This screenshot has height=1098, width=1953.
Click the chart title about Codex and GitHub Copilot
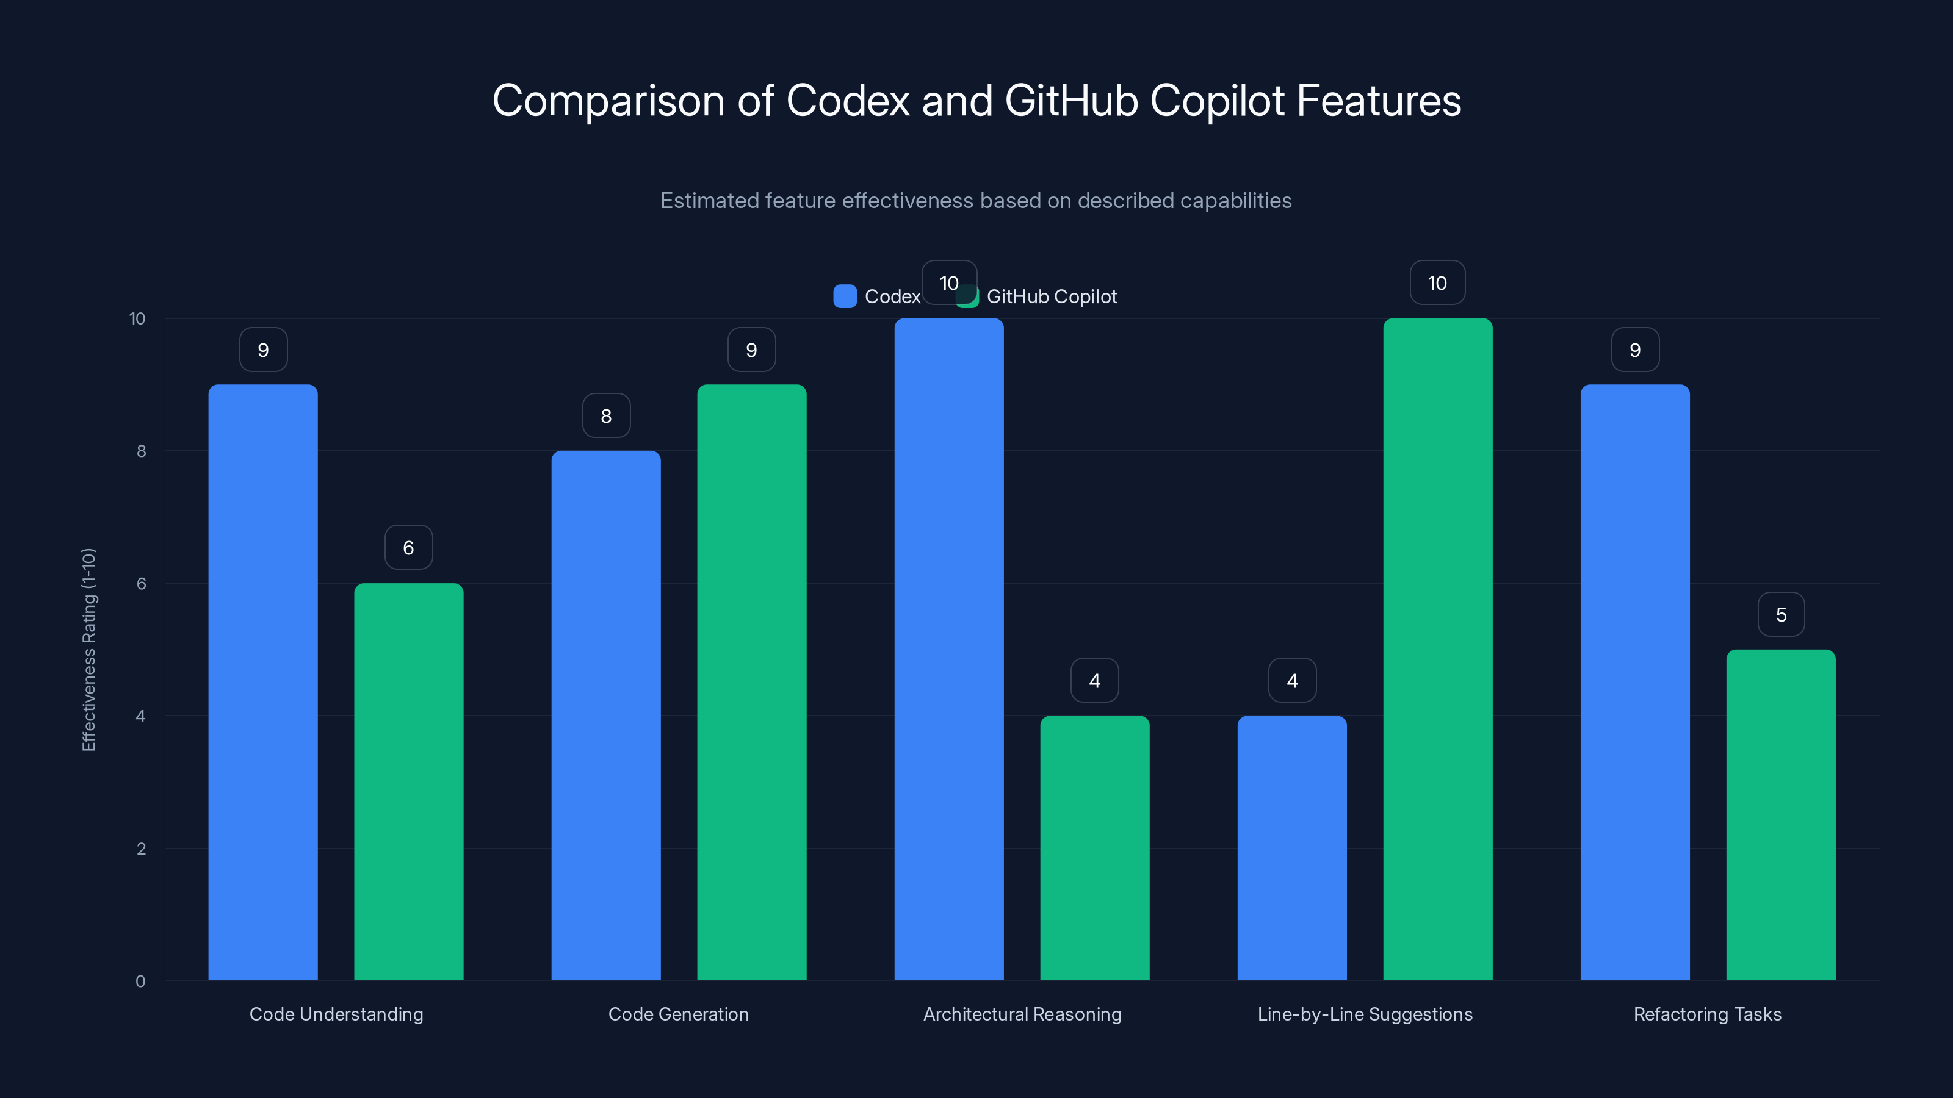point(976,101)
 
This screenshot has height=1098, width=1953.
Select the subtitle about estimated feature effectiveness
point(976,201)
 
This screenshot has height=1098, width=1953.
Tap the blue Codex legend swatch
point(845,296)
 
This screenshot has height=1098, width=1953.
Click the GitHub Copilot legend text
point(1051,296)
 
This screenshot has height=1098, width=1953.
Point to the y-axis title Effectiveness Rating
point(88,650)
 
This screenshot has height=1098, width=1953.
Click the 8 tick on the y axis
point(141,451)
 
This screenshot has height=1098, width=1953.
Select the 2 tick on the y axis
point(141,849)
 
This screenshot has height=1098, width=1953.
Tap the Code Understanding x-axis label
point(336,1014)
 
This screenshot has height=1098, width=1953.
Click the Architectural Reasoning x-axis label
point(1022,1014)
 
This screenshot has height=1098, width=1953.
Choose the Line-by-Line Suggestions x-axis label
point(1365,1014)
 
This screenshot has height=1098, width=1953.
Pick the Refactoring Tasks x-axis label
point(1708,1014)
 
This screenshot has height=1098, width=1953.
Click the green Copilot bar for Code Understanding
point(409,781)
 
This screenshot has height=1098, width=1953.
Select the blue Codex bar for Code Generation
point(606,716)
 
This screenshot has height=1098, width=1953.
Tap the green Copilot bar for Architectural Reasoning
point(1094,849)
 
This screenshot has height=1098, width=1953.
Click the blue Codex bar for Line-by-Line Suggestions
point(1292,849)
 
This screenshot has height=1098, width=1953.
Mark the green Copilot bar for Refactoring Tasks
point(1780,814)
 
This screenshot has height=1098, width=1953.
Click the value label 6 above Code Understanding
point(409,547)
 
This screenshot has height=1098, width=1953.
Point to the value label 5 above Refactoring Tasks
point(1781,614)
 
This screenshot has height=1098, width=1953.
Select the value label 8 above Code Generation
point(606,415)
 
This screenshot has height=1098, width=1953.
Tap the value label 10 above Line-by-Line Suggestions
point(1437,282)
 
